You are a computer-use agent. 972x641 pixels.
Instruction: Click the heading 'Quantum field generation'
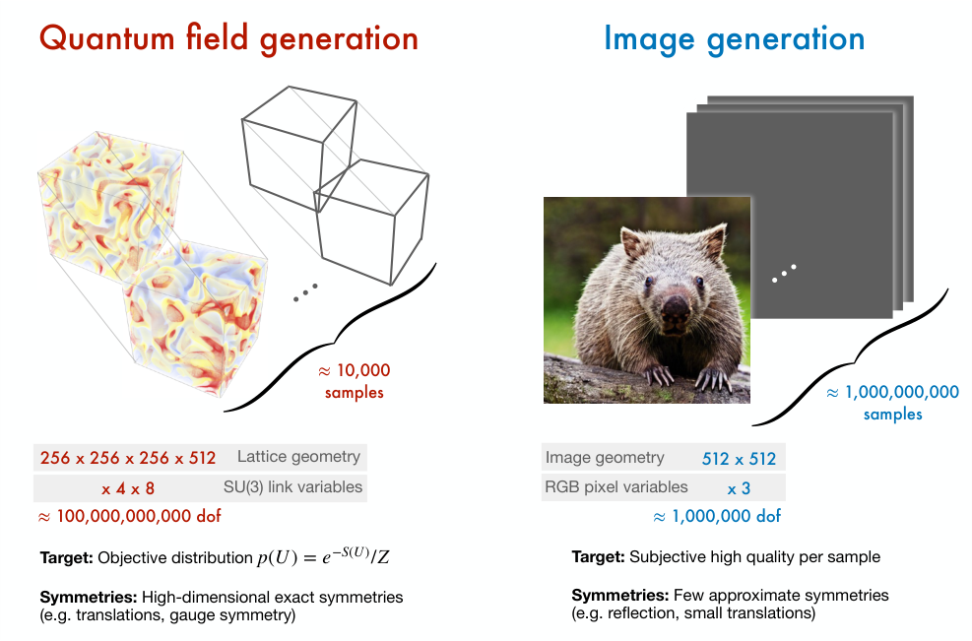tap(228, 38)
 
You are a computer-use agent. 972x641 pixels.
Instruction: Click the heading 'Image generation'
tap(734, 38)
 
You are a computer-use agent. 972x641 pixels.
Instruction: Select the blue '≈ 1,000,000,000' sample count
tap(892, 392)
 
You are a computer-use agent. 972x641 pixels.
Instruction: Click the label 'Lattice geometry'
tap(298, 457)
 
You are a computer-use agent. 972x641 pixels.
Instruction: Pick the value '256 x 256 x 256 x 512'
tap(127, 458)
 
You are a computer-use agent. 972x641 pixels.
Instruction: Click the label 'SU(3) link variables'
tap(292, 486)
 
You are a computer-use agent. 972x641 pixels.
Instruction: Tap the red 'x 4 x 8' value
tap(127, 487)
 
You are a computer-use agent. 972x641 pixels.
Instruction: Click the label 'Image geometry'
tap(604, 458)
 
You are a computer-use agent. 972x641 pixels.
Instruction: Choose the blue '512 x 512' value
tap(739, 459)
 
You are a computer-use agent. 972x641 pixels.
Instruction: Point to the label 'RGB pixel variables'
tap(616, 486)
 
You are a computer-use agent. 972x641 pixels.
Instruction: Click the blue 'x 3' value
tap(739, 487)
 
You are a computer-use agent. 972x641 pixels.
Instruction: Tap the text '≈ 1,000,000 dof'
tap(717, 516)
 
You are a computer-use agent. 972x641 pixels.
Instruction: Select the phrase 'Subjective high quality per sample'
tap(753, 557)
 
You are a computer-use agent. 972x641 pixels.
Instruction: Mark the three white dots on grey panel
tap(784, 274)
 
